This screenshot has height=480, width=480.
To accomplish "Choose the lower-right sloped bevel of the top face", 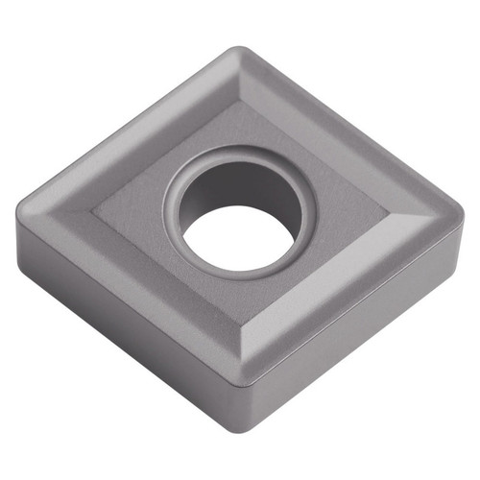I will (x=355, y=288).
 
